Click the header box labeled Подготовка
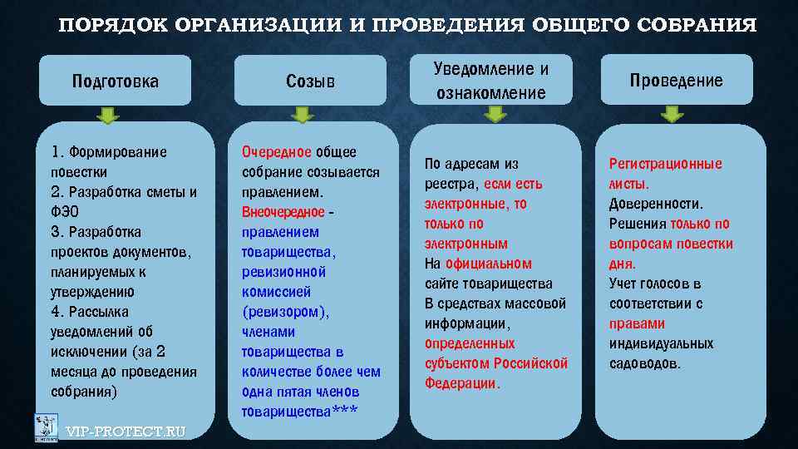(x=116, y=81)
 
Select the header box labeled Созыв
(x=310, y=81)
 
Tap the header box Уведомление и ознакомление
(x=490, y=80)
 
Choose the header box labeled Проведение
(x=676, y=80)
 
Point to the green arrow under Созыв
(x=303, y=114)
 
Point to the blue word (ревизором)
(x=285, y=312)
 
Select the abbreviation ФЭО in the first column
(x=63, y=212)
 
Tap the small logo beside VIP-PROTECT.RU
(x=46, y=427)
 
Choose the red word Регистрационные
(x=666, y=164)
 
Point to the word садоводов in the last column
(x=644, y=363)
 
